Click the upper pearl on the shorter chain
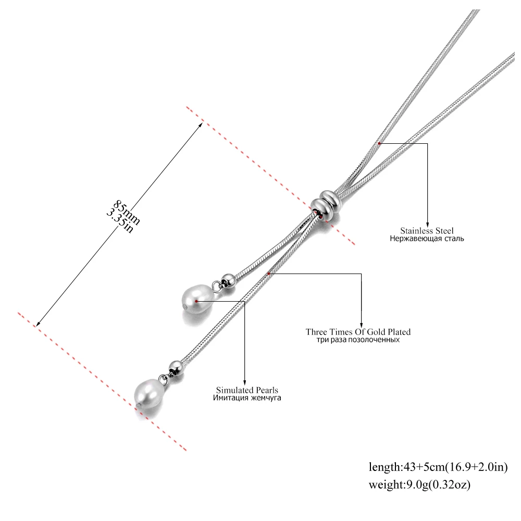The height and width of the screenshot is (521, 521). point(197,299)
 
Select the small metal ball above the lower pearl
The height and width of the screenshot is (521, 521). point(176,367)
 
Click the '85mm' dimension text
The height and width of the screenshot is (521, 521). point(127,213)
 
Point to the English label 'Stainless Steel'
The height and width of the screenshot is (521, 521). point(427,231)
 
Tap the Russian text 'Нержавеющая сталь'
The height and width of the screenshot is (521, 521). point(427,239)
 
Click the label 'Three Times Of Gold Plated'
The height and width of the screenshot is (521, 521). point(358,332)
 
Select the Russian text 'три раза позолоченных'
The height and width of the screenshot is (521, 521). point(358,340)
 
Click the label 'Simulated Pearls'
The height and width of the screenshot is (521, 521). point(247,390)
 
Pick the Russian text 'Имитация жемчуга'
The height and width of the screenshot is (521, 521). point(247,398)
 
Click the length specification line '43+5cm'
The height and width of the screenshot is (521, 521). point(438,467)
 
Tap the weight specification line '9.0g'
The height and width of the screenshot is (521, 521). point(419,485)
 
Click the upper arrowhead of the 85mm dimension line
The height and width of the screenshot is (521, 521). point(201,125)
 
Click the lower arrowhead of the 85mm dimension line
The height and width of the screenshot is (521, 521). point(38,324)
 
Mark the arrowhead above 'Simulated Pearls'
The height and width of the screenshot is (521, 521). point(244,383)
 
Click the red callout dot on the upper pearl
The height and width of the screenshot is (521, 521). point(197,301)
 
